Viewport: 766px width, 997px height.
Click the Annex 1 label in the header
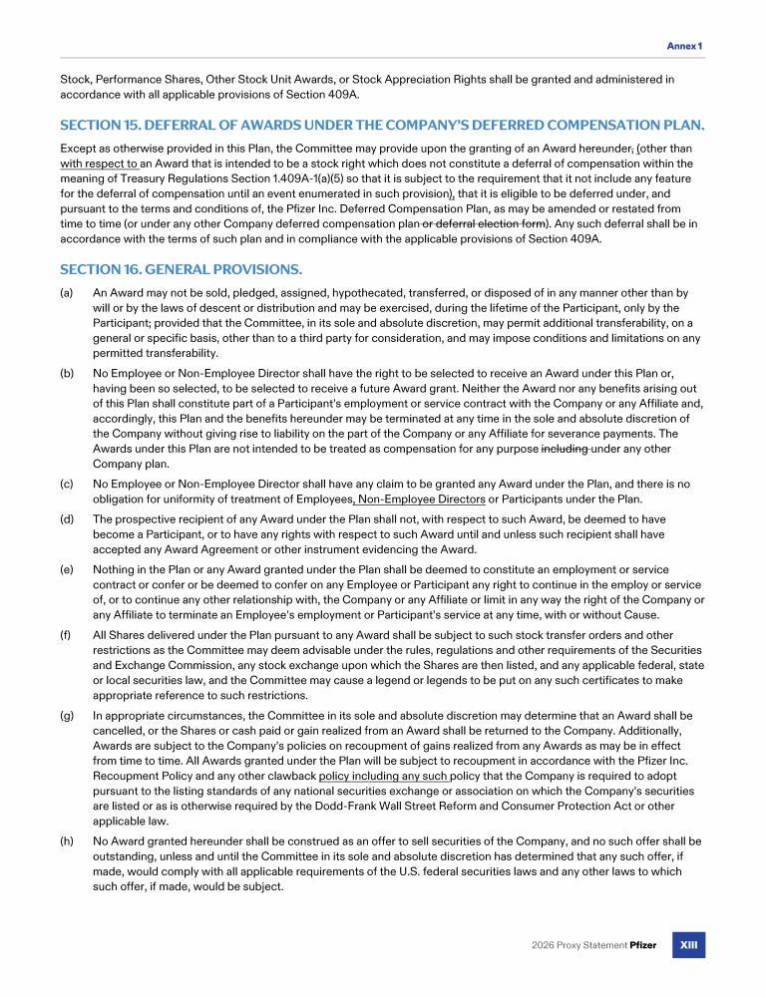tap(684, 46)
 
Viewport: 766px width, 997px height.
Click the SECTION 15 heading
tap(382, 125)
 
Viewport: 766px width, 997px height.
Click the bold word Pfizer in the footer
tap(643, 945)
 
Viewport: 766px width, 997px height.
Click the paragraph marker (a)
tap(67, 293)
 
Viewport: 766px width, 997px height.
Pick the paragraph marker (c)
tap(67, 484)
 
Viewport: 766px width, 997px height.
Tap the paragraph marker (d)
tap(67, 519)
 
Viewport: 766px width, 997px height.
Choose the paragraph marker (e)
tap(67, 569)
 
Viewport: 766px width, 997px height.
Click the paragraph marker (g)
tap(67, 716)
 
